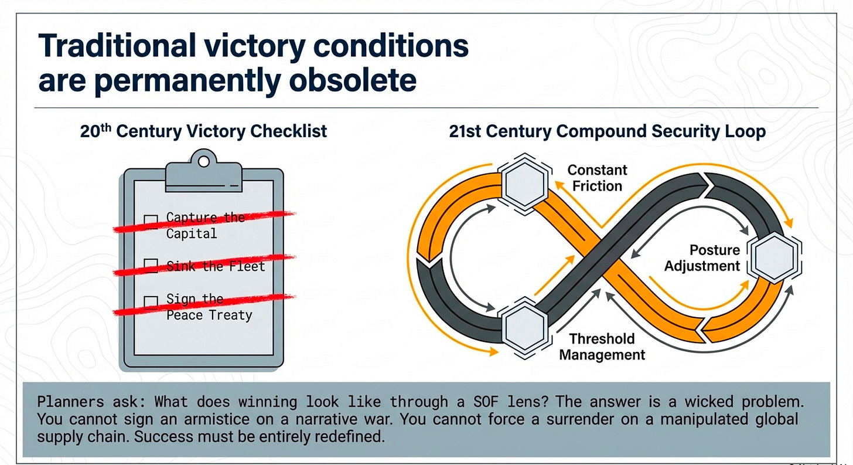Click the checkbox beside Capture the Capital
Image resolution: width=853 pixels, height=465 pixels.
tap(151, 220)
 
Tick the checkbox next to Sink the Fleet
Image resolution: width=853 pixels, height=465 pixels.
tap(151, 265)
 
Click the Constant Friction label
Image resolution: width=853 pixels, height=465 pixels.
tap(597, 178)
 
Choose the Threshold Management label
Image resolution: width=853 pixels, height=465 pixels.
tap(602, 347)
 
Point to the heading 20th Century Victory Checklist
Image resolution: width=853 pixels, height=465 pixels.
tap(203, 131)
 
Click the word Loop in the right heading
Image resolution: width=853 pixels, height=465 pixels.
tap(745, 131)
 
